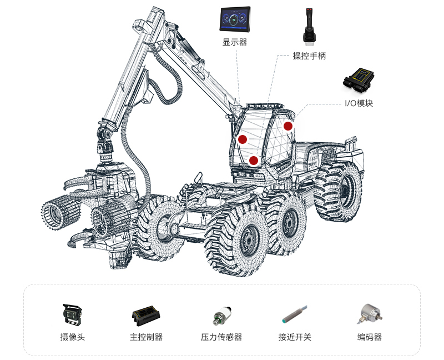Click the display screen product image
coord(235,19)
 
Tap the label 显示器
coord(235,42)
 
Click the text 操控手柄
coord(309,56)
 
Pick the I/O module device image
coord(359,80)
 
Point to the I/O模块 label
coord(359,103)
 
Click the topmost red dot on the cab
coord(288,126)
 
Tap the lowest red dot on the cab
coord(254,161)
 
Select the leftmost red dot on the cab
coord(243,139)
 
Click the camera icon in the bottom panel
coord(72,314)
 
